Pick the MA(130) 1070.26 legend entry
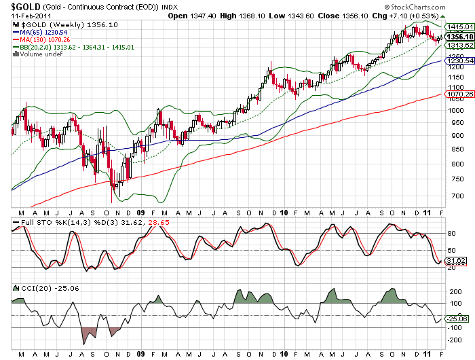44,39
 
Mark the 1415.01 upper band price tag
455,26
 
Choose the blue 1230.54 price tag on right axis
455,61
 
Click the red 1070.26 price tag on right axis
455,95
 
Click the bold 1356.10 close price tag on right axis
455,37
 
